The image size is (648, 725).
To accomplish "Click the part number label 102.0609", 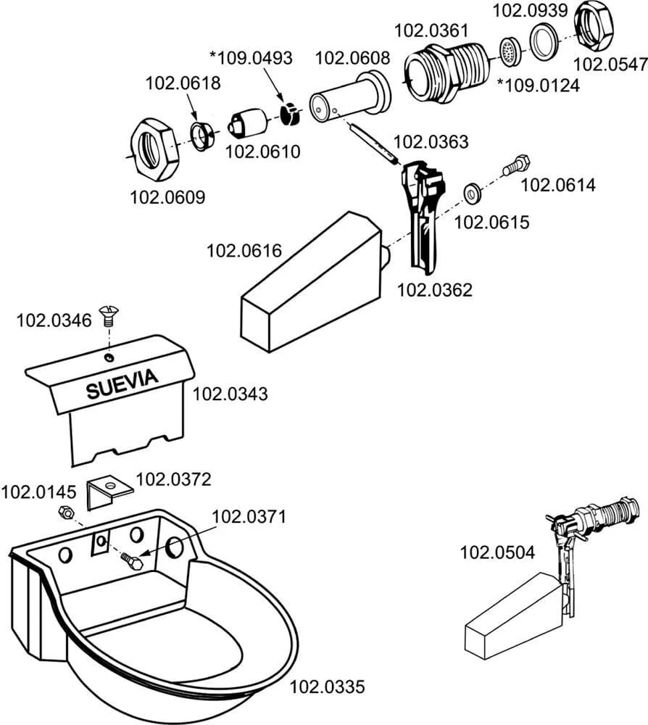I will pyautogui.click(x=167, y=196).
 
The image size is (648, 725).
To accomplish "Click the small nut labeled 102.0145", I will pyautogui.click(x=65, y=513).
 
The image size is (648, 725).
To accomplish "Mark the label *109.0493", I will pyautogui.click(x=251, y=57).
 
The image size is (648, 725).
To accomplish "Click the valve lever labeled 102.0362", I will pyautogui.click(x=420, y=214).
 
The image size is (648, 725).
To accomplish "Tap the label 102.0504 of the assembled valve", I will pyautogui.click(x=497, y=553).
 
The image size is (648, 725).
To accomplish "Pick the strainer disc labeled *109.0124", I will pyautogui.click(x=510, y=51).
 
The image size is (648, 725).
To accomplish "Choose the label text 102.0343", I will pyautogui.click(x=230, y=394).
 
